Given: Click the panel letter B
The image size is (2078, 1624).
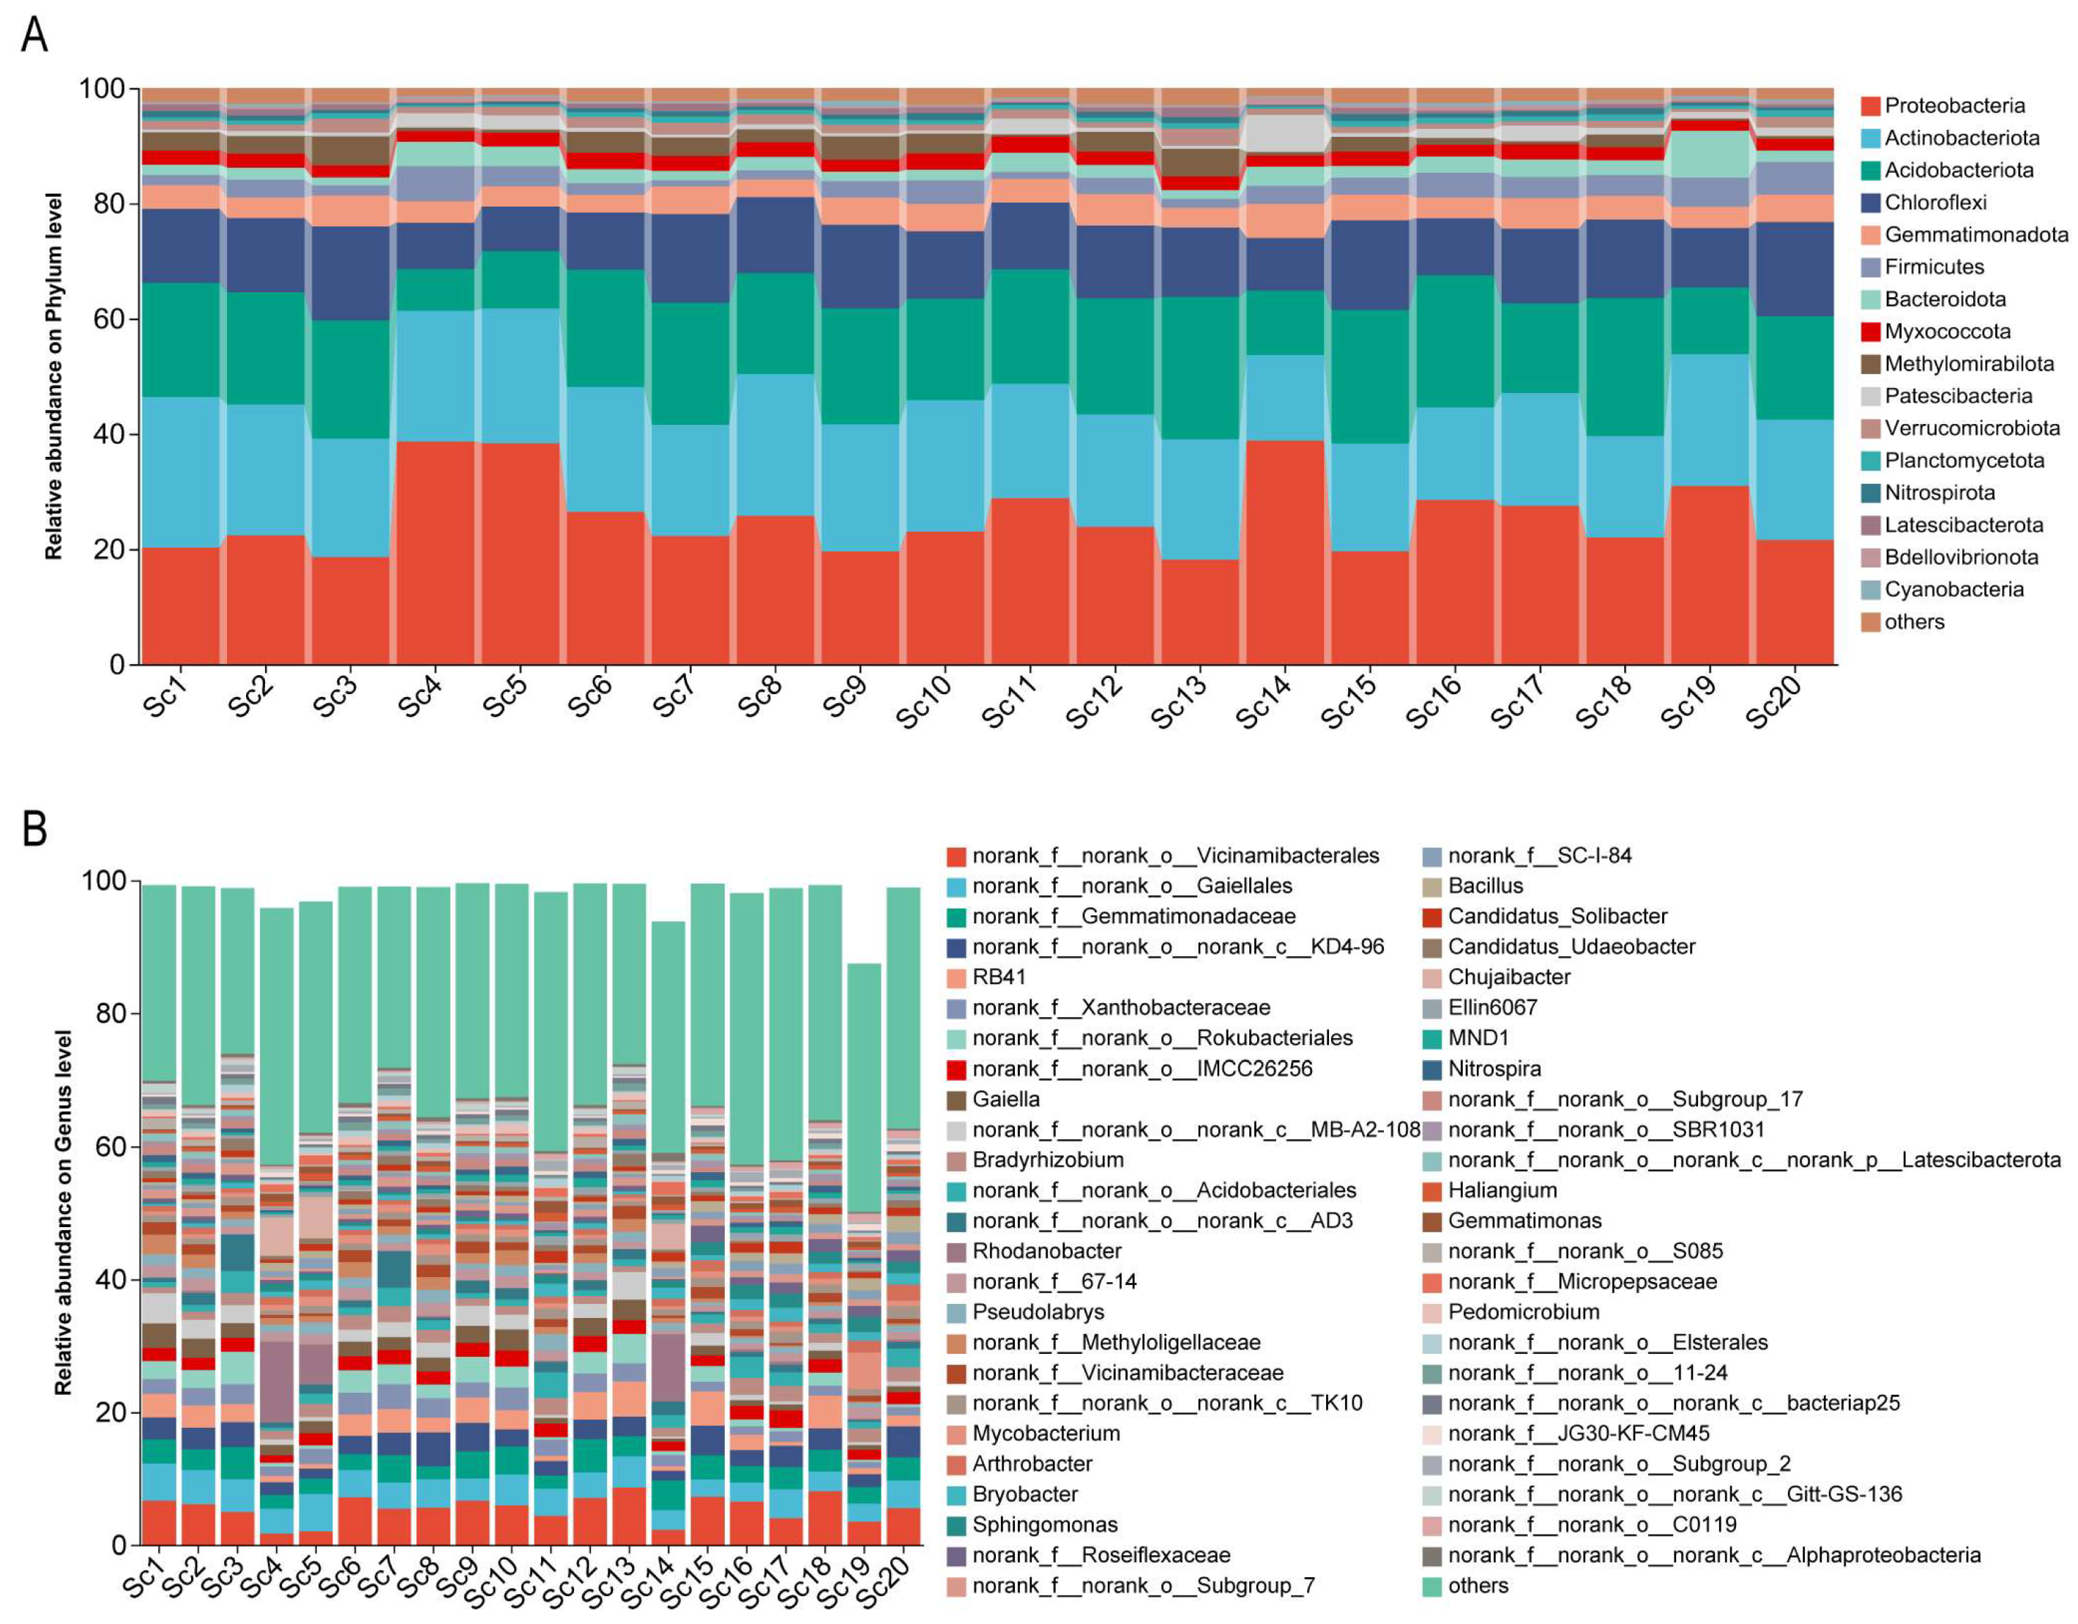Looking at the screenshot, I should point(34,829).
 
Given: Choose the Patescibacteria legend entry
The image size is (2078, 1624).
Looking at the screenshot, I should point(1958,396).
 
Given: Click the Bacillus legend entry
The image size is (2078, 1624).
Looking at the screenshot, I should point(1485,886).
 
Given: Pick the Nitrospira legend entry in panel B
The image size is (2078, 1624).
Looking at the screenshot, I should point(1494,1068).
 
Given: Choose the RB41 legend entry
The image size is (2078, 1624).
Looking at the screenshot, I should point(998,977).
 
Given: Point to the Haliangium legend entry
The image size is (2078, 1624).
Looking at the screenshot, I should point(1502,1190).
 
